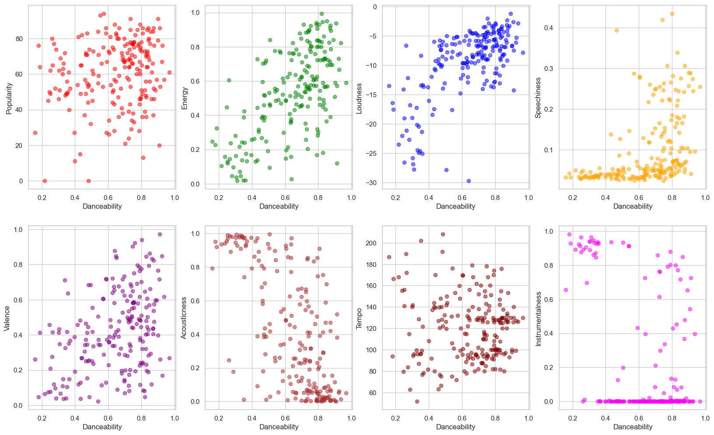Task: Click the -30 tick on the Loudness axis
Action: [372, 183]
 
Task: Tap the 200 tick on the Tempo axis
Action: [371, 243]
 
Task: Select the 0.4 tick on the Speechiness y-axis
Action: [549, 28]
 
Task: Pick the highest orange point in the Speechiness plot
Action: [672, 14]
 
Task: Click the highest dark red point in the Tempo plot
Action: [443, 235]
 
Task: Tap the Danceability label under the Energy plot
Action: [279, 206]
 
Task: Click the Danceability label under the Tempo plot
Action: [455, 427]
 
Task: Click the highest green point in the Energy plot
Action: [322, 14]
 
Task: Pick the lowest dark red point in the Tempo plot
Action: [417, 401]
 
